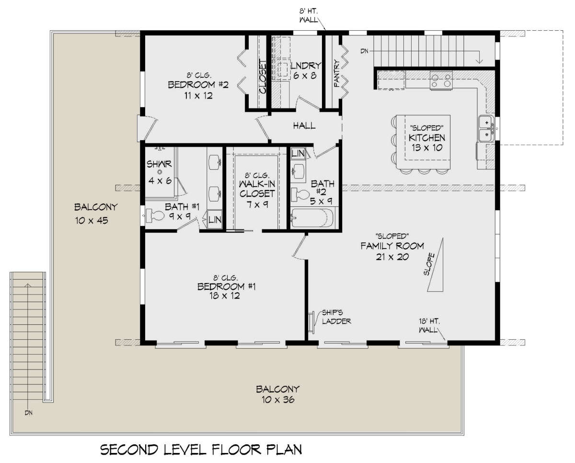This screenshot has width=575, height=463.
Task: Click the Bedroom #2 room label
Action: [198, 85]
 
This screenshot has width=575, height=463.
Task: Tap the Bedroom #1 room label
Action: [226, 286]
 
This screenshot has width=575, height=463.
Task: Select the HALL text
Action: [304, 126]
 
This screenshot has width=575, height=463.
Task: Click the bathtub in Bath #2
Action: [312, 218]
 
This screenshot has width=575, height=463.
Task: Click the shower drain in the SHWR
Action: [160, 172]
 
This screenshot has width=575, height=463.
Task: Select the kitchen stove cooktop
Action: [441, 81]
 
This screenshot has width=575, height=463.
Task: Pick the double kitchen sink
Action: [486, 128]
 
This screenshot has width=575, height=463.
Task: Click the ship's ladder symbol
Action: [311, 322]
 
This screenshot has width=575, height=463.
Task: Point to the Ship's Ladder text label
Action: [336, 317]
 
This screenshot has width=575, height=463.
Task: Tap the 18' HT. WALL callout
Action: [429, 325]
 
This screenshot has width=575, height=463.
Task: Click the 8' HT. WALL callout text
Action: [309, 15]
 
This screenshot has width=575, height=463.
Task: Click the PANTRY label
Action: [337, 73]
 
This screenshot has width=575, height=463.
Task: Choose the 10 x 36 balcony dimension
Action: [278, 400]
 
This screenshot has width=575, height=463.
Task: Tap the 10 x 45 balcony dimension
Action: [92, 220]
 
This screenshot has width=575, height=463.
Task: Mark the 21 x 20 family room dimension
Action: [392, 257]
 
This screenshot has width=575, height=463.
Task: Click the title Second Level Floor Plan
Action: [201, 450]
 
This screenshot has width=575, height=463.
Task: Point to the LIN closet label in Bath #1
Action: [215, 220]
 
